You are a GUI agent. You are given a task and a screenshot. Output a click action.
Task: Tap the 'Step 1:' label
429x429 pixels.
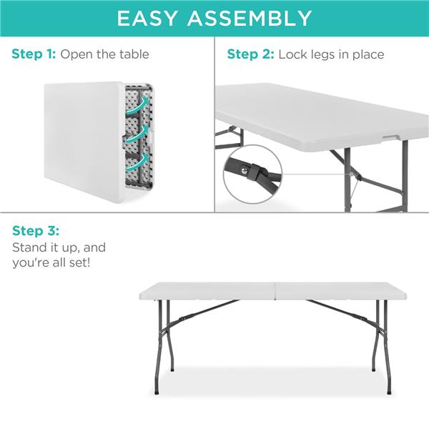[34, 54]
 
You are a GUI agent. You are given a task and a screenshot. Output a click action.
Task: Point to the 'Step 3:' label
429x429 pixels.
[36, 231]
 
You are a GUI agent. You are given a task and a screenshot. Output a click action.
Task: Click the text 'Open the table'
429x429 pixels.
[105, 54]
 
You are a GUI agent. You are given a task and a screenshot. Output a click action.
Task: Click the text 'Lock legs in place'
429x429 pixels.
[331, 54]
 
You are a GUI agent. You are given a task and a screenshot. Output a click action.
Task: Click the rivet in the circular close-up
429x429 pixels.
[253, 169]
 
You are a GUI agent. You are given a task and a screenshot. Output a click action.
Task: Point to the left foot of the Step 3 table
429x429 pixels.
[172, 369]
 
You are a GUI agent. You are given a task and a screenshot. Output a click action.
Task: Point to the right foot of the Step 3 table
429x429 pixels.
[388, 391]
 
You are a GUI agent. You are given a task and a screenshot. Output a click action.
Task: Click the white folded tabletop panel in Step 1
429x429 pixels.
[82, 143]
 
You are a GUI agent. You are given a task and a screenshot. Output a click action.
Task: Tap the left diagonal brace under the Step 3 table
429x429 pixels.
[204, 310]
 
